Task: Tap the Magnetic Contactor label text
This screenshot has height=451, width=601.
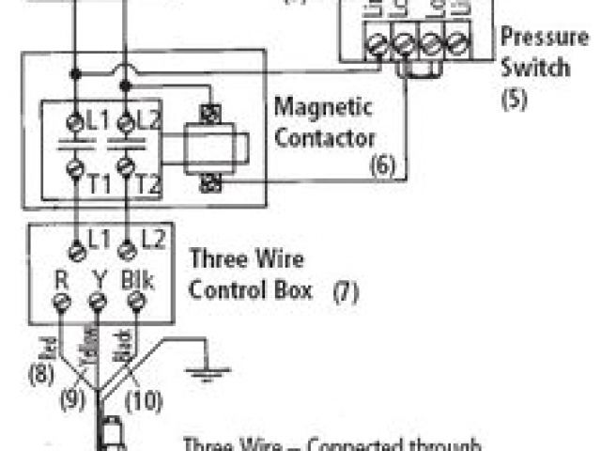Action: click(x=324, y=123)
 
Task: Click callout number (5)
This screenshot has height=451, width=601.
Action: click(x=513, y=98)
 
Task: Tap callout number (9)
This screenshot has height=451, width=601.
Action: click(x=73, y=397)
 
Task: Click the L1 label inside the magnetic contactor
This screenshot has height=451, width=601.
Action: click(x=94, y=121)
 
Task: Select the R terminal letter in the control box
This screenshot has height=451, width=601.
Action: click(x=61, y=279)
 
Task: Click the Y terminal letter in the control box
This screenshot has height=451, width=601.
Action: click(x=98, y=279)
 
